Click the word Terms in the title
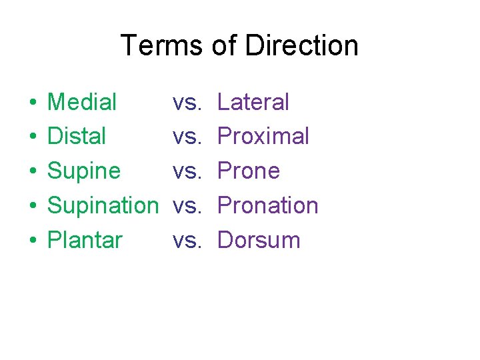[161, 45]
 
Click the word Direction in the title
[301, 45]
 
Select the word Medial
[82, 102]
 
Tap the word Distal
[77, 137]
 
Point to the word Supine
[84, 171]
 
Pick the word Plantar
[85, 240]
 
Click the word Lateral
[253, 102]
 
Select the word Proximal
[263, 137]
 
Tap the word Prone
[249, 171]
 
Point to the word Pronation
[268, 206]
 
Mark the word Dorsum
[259, 240]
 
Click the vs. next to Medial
[187, 103]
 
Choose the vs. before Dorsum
[187, 241]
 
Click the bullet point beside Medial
[32, 103]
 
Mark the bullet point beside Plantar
[32, 241]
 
